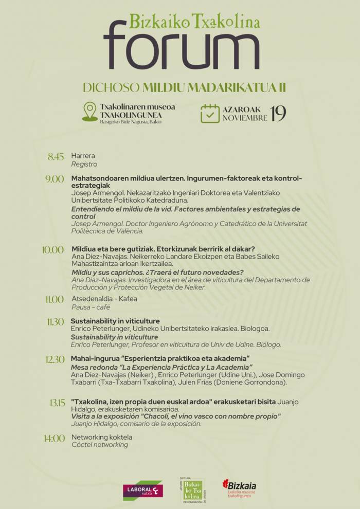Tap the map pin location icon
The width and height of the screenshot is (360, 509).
pos(90,112)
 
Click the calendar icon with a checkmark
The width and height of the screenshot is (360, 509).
pos(210,113)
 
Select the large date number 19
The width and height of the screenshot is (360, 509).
pos(278,114)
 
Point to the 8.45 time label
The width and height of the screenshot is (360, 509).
pos(56,157)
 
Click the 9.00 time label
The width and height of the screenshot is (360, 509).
pos(55,179)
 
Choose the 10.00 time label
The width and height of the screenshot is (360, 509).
pos(53,250)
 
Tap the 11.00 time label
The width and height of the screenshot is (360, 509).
pos(55,299)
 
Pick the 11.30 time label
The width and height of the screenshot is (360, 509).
pos(55,322)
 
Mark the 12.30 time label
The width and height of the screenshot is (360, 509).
pos(55,359)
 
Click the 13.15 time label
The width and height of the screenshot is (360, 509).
pos(57,403)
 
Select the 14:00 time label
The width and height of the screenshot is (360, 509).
pos(54,439)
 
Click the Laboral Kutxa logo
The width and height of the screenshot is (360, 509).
pos(142,490)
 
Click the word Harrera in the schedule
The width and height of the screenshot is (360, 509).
pos(83,156)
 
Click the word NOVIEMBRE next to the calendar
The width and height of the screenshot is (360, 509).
pos(244,118)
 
